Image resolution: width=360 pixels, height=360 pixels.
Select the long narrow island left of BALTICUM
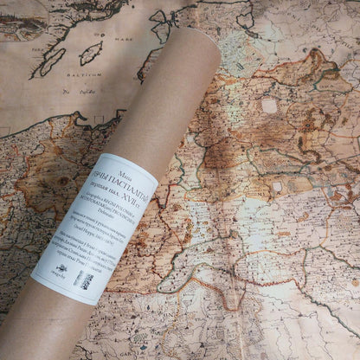pyautogui.click(x=51, y=62)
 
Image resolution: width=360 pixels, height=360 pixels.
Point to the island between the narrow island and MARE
pyautogui.click(x=90, y=53)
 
